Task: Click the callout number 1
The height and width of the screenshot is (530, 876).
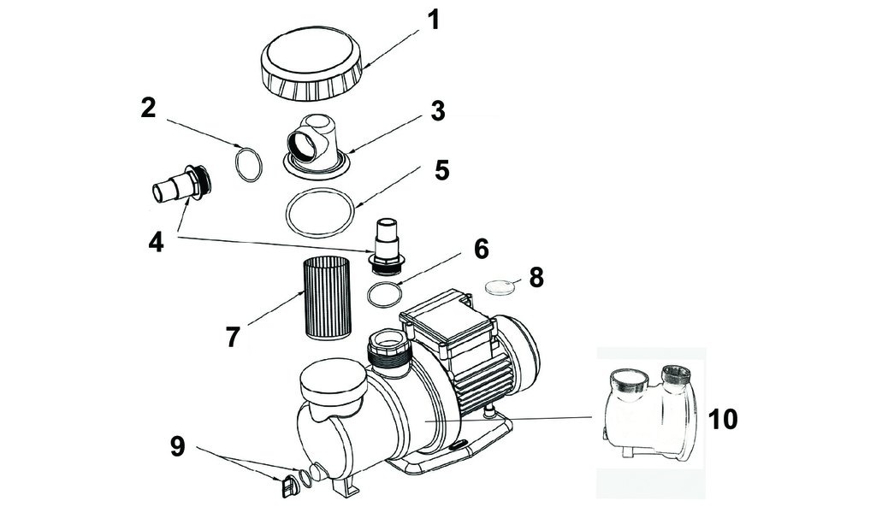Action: coord(434,20)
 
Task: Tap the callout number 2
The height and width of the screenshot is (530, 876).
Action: coord(148,108)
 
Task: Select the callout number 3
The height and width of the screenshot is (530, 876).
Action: coord(438,111)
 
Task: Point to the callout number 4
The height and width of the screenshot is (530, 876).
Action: coord(155,242)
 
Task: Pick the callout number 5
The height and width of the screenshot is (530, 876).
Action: coord(441,170)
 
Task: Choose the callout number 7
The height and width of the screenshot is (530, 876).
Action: coord(233,336)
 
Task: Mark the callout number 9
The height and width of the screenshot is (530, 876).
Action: coord(177,445)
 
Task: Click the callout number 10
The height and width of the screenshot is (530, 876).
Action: coord(723,419)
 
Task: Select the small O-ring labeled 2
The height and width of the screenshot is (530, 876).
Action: coord(247,164)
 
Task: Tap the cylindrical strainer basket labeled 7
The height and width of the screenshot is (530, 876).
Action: coord(327,296)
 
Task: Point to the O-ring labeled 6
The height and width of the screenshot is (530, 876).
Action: coord(385,295)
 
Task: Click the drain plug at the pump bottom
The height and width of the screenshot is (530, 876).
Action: coord(288,486)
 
